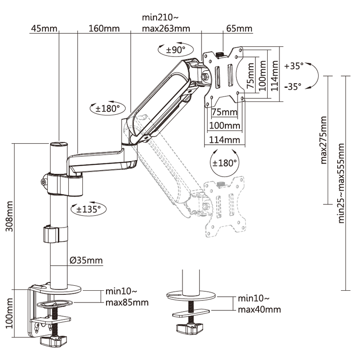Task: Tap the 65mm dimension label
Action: click(x=238, y=29)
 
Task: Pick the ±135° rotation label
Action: click(x=88, y=209)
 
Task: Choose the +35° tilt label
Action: click(x=294, y=66)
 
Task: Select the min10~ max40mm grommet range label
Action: click(x=259, y=304)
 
